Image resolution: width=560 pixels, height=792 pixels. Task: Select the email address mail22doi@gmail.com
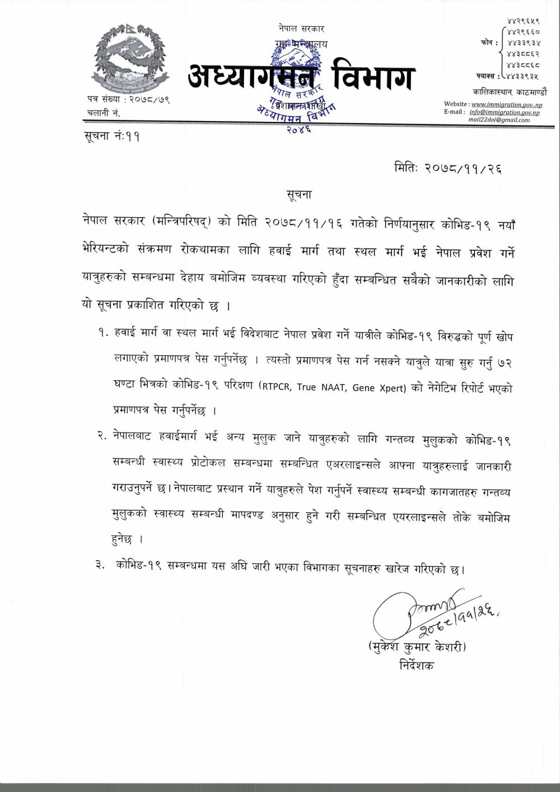coord(499,120)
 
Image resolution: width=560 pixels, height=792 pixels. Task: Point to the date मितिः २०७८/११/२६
coord(447,167)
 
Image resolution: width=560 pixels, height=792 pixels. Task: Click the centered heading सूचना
coord(298,194)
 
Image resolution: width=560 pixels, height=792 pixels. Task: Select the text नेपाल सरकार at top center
coord(301,29)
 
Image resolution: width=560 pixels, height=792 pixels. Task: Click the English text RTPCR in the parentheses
coord(278,388)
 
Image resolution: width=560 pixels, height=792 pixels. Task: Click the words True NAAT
coord(321,388)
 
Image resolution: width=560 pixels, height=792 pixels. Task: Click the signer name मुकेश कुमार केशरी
coord(417,647)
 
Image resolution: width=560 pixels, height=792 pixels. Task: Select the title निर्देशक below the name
coord(417,667)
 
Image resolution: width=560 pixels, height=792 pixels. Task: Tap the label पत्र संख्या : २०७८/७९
coord(128,100)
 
